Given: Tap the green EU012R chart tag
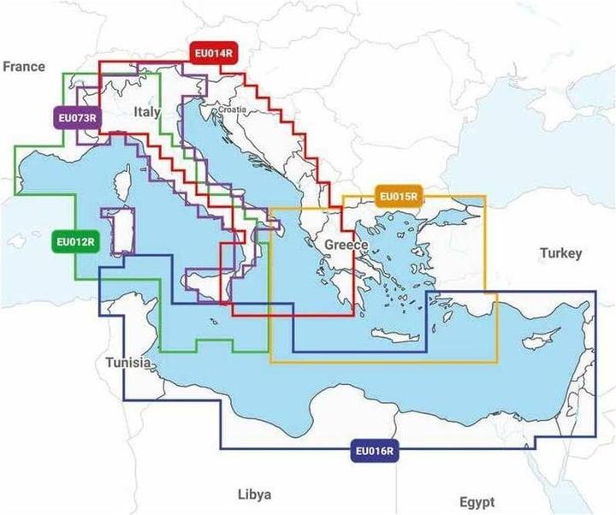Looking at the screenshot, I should click(x=74, y=242).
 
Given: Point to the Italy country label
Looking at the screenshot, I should click(x=147, y=113).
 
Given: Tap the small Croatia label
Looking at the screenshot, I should click(x=232, y=110).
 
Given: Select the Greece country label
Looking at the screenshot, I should click(x=346, y=246).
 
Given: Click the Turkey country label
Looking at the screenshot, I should click(x=560, y=253).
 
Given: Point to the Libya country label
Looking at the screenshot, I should click(x=254, y=494).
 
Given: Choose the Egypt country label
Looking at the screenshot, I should click(x=477, y=501).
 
